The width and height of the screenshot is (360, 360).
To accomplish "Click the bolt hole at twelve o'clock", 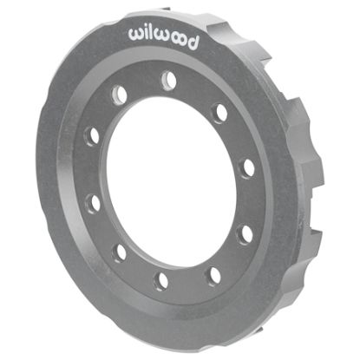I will (x=168, y=80).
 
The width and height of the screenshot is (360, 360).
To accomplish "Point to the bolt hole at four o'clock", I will (x=245, y=232).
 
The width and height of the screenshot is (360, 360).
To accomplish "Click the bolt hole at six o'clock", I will (x=161, y=279).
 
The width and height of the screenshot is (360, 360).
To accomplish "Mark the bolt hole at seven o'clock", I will (x=120, y=252).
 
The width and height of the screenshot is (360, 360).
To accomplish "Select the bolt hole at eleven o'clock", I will (x=120, y=94).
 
